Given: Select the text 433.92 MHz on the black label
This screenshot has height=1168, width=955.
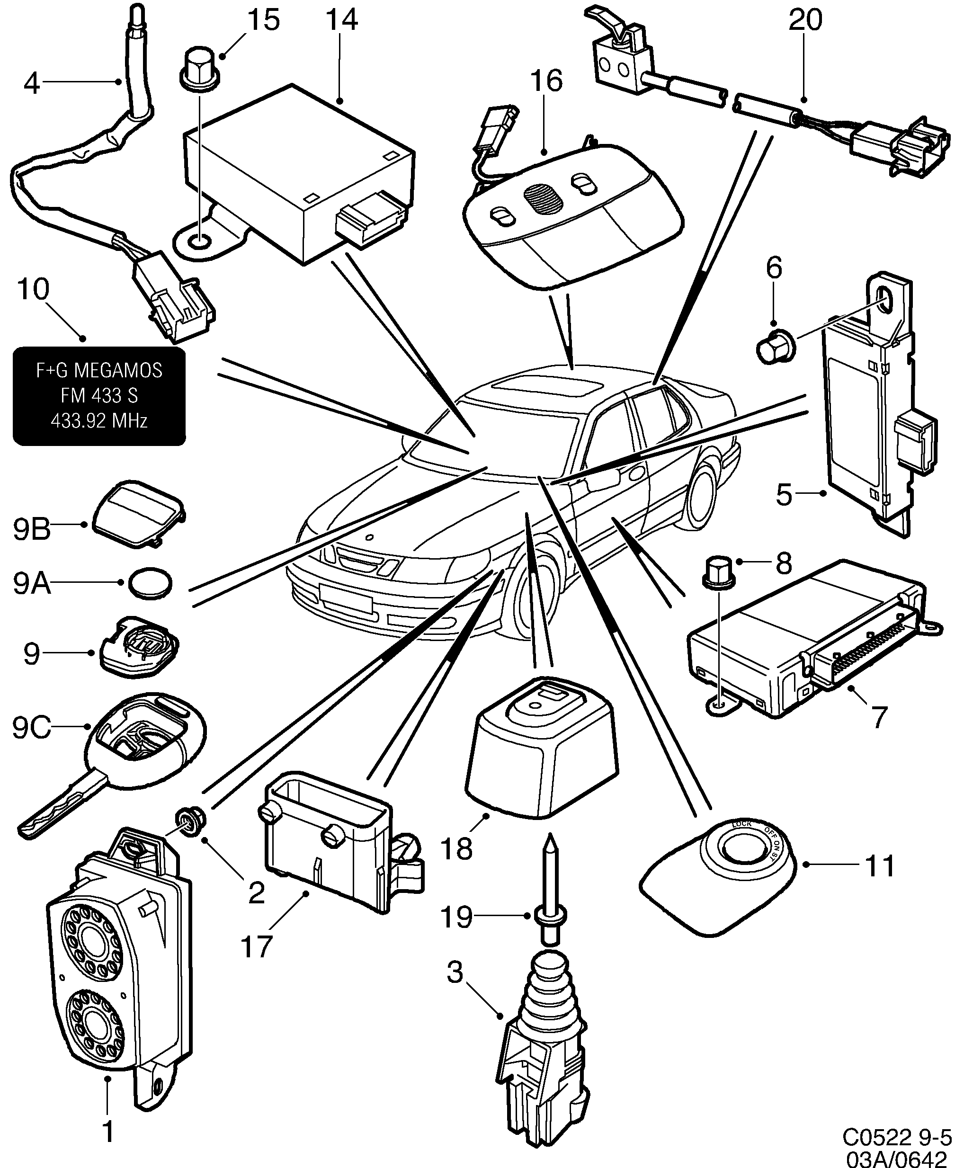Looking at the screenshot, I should click(99, 421).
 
